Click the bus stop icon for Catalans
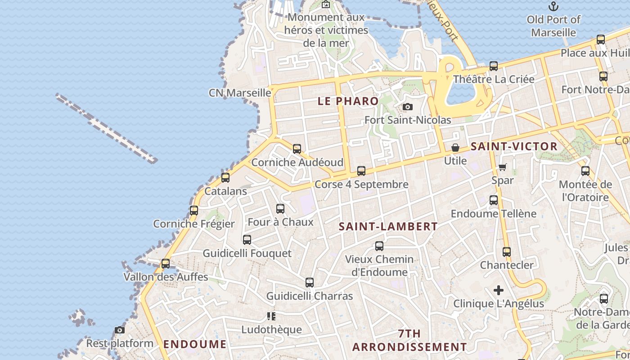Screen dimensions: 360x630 pos(225,178)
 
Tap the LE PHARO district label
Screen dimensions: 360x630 pos(348,101)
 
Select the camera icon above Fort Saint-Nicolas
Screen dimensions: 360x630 pos(408,107)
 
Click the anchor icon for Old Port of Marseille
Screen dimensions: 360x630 pos(553,6)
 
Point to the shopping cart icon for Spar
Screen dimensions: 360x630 pos(503,167)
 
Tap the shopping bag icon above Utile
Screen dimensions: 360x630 pos(455,148)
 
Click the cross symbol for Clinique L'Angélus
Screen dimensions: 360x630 pos(499,290)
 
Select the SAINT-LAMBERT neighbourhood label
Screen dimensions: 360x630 pos(388,226)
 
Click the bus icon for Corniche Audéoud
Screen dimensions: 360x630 pos(297,149)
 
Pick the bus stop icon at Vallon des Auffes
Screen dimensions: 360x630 pos(166,264)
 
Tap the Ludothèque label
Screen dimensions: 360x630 pos(271,329)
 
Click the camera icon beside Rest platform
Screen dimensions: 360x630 pos(119,330)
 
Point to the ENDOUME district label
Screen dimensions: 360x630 pos(195,345)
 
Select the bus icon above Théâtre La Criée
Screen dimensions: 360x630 pos(494,66)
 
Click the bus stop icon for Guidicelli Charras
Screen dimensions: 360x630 pos(310,283)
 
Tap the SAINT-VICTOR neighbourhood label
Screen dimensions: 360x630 pos(514,147)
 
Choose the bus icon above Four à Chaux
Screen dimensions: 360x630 pos(280,209)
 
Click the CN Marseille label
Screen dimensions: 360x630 pos(240,93)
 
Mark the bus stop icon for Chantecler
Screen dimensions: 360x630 pos(507,252)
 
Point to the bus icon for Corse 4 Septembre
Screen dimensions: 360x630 pos(361,171)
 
